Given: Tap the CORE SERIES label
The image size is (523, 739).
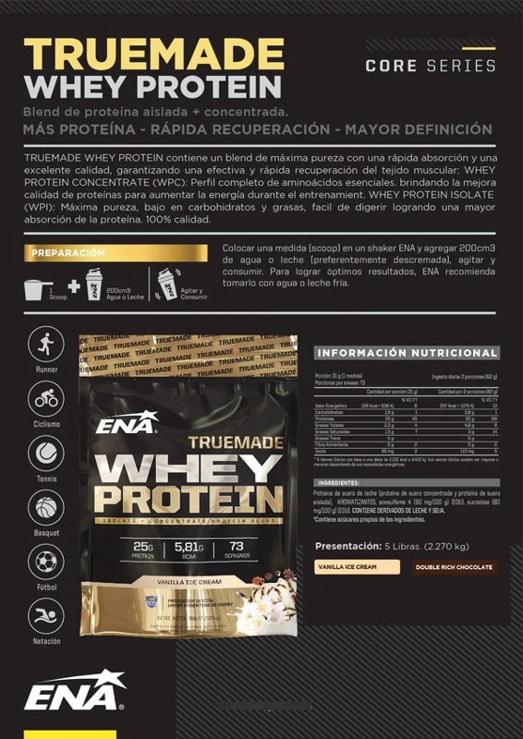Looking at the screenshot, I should pos(431,66).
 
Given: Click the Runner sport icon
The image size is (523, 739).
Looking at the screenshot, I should pos(46,344).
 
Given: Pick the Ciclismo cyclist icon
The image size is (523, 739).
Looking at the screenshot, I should pos(46,399).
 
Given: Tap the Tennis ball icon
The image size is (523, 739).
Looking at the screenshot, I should pos(46,454).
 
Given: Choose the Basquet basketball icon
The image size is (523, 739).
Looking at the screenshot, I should pos(46,508).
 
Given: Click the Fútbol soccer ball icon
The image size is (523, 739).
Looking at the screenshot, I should pos(46,562).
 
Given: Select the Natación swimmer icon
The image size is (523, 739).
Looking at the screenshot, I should pos(46,616).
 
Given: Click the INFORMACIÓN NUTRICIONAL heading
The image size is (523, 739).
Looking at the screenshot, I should pos(407,353).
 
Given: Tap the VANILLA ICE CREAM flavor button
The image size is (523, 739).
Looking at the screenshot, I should pos(347,567).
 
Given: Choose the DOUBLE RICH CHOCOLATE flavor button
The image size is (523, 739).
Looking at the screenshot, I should pos(453,567).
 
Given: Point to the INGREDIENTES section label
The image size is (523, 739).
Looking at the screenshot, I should pos(338,483).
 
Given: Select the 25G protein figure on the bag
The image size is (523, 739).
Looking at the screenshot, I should pos(142,547).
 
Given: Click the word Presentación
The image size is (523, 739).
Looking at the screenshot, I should pos(348,545).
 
